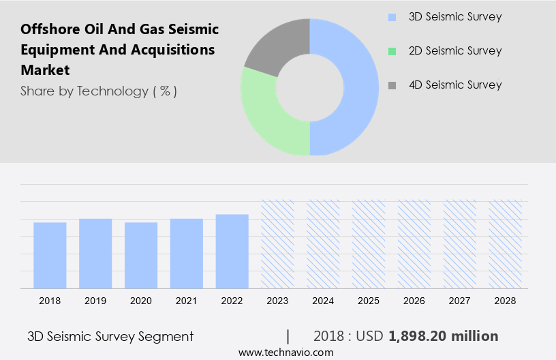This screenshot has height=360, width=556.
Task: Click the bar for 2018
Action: (x=50, y=255)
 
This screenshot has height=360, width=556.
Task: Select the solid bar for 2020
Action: (x=141, y=255)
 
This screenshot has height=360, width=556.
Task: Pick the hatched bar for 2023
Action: (x=277, y=244)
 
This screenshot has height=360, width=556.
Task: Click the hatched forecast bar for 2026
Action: (x=414, y=244)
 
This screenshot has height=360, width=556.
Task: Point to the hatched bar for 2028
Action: (x=505, y=244)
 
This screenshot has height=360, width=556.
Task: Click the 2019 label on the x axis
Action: (x=95, y=301)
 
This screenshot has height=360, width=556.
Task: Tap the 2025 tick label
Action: (x=369, y=301)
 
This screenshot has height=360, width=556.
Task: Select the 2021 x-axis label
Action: (x=186, y=301)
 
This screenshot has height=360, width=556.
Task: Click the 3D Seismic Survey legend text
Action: (x=454, y=17)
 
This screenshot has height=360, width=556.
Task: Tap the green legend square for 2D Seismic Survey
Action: (x=391, y=51)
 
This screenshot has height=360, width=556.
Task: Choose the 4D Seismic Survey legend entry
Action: (x=454, y=85)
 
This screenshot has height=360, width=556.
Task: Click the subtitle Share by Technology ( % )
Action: (x=99, y=91)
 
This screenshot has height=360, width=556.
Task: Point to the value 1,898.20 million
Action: (x=444, y=336)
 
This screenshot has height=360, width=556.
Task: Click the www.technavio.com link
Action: (x=285, y=352)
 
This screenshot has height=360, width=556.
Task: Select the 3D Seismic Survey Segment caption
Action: (x=110, y=336)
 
